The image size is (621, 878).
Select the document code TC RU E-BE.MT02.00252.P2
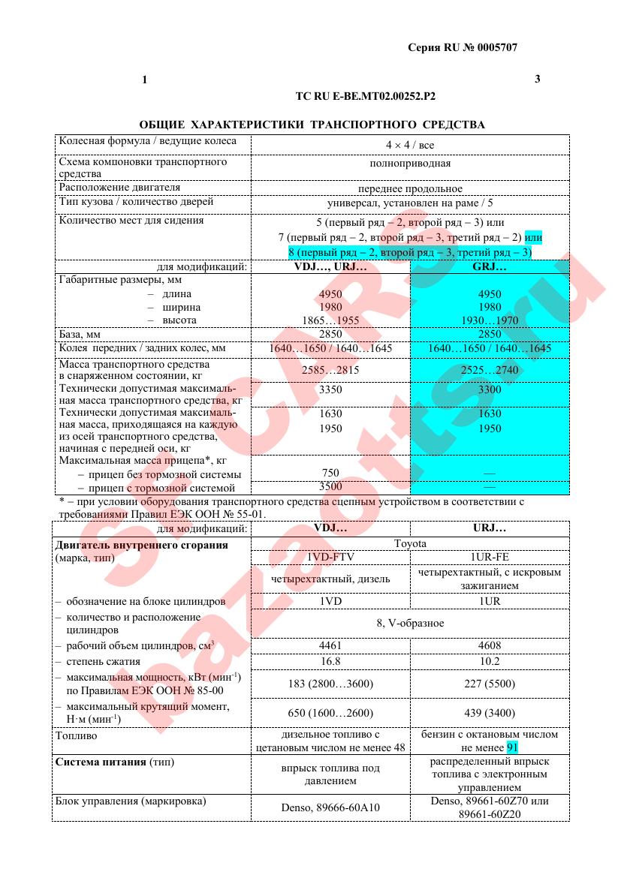coord(366,96)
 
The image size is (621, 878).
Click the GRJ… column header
coord(490,266)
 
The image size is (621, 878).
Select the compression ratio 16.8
coord(330,661)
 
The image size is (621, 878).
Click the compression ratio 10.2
coord(490,661)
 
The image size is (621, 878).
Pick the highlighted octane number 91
coord(513,747)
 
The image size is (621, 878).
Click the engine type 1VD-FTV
coord(330,557)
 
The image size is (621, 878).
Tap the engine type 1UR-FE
coord(490,557)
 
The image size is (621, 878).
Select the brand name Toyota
coord(410,543)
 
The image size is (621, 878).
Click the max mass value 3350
coord(330,389)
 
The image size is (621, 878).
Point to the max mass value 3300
coord(490,389)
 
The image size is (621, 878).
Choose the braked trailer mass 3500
coord(330,486)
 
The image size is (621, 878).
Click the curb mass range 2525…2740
coord(490,370)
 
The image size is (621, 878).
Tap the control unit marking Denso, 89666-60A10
coord(330,807)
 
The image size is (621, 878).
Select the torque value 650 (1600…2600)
coord(330,713)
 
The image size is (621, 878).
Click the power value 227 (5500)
coord(490,684)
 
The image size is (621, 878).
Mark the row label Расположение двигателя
coord(119,187)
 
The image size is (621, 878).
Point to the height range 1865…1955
coord(330,320)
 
